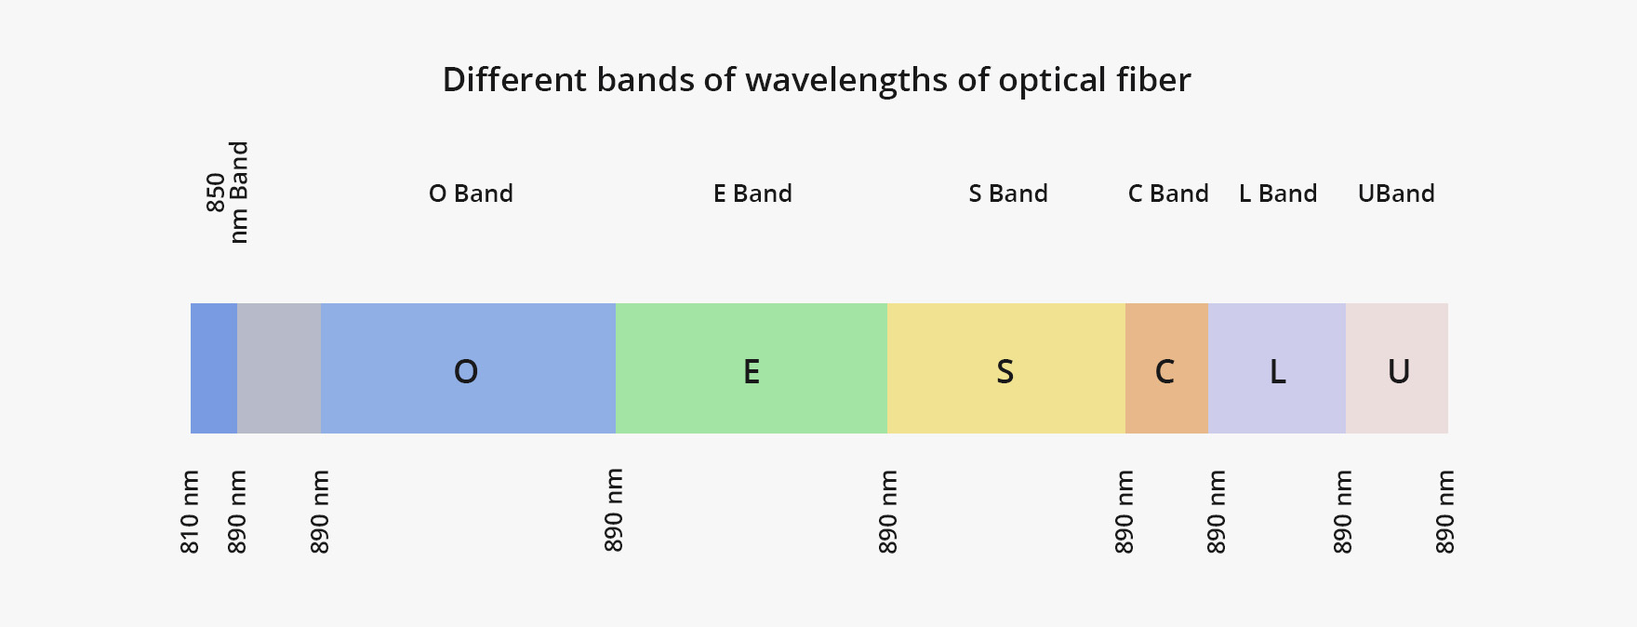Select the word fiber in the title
point(1153,80)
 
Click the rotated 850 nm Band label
point(228,193)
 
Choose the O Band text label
point(471,193)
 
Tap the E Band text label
point(752,193)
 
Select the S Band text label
point(1008,193)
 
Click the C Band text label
point(1168,193)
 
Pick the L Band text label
point(1278,193)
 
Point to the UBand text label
point(1396,193)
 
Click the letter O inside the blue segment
point(466,372)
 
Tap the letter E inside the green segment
point(752,372)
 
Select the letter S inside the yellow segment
point(1005,372)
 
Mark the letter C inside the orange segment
point(1165,372)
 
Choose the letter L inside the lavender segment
point(1278,372)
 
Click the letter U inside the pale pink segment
point(1399,372)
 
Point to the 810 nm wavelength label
point(190,512)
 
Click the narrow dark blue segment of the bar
point(214,368)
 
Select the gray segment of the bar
point(279,368)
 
